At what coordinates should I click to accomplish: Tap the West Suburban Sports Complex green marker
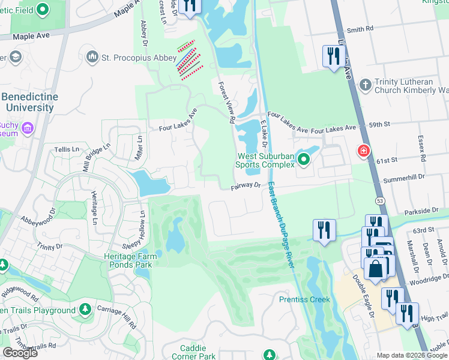click(303, 159)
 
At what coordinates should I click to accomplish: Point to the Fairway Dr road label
click(246, 187)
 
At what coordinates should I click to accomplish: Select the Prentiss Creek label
click(304, 299)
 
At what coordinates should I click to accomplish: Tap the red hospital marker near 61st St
click(363, 150)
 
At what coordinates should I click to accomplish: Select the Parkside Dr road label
click(421, 211)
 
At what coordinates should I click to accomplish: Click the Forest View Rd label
click(226, 103)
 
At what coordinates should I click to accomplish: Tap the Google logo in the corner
click(19, 353)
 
